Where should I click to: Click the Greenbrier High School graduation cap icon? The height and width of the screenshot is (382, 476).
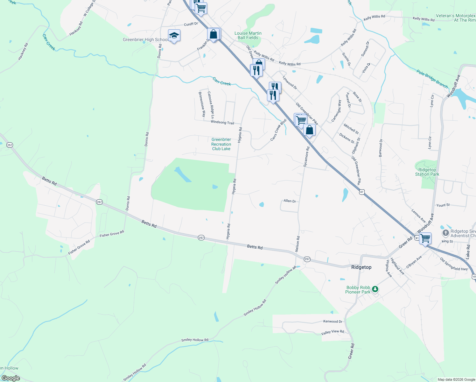[174, 35]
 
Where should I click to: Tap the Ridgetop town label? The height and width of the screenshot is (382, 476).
[361, 267]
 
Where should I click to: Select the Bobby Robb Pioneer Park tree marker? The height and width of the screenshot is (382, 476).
[375, 289]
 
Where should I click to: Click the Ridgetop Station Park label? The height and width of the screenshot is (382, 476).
[427, 172]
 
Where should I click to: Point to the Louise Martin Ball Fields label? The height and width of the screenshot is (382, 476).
[248, 35]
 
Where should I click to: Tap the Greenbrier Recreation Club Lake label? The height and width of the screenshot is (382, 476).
[221, 144]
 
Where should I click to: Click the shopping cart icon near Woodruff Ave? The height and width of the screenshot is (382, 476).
[425, 238]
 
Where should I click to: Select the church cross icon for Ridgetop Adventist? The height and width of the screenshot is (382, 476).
[446, 233]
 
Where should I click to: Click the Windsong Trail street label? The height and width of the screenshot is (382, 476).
[222, 123]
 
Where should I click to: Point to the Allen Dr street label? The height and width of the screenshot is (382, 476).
[290, 201]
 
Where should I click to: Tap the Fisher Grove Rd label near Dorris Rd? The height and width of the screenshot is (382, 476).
[112, 234]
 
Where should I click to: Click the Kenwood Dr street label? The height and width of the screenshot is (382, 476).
[333, 322]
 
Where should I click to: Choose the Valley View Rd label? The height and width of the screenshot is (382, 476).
[332, 332]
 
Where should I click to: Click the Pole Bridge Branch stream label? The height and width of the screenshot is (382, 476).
[432, 79]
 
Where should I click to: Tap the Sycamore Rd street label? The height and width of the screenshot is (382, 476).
[306, 157]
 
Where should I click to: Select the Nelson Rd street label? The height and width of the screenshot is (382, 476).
[297, 244]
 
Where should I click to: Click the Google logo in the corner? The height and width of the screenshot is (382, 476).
[10, 378]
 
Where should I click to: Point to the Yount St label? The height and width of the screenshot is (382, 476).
[443, 205]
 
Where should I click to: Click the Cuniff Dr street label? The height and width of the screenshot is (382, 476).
[191, 24]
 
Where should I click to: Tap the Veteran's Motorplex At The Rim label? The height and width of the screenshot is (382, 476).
[456, 18]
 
